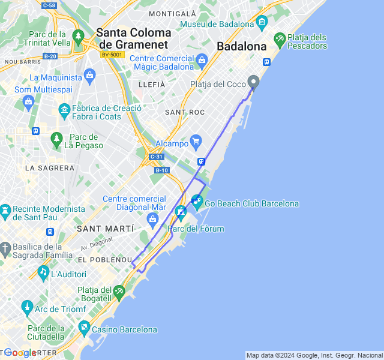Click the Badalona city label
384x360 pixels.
tap(242, 46)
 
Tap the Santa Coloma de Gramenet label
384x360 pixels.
tap(133, 38)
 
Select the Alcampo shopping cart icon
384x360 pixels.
tap(196, 142)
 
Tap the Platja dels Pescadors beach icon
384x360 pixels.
tap(280, 41)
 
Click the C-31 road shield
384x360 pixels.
tap(156, 157)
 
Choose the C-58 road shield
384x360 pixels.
tap(49, 5)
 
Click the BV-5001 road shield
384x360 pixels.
tap(112, 55)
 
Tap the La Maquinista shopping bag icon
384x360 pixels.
tap(90, 76)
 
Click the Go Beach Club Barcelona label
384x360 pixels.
tap(251, 204)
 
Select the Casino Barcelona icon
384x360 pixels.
tap(83, 329)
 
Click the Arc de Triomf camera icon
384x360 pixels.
tap(26, 309)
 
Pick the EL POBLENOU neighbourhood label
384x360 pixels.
tap(105, 260)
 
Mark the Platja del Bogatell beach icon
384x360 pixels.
tap(120, 292)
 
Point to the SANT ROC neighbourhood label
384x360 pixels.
tap(185, 112)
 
